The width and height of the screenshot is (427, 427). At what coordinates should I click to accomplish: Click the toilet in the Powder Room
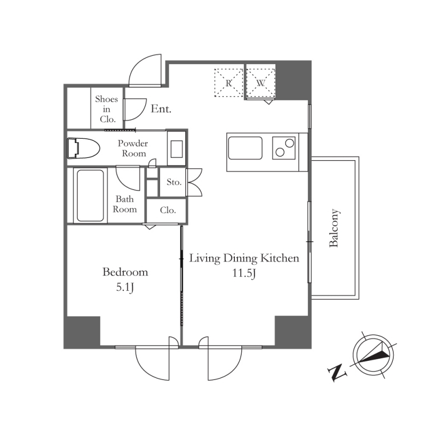pyautogui.click(x=83, y=148)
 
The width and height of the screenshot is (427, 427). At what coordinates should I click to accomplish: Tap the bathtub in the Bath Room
pyautogui.click(x=90, y=195)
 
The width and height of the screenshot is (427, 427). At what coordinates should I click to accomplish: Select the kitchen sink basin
pyautogui.click(x=245, y=148)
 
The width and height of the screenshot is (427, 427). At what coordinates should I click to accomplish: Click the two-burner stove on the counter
pyautogui.click(x=284, y=148)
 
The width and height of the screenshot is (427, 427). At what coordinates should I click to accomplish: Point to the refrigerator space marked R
pyautogui.click(x=228, y=83)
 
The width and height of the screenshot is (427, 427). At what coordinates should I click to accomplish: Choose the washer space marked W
pyautogui.click(x=260, y=83)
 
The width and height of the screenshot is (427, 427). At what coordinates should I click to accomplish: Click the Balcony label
pyautogui.click(x=334, y=228)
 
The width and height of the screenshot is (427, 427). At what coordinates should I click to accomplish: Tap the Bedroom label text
pyautogui.click(x=125, y=272)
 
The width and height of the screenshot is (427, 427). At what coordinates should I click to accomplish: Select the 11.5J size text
pyautogui.click(x=244, y=273)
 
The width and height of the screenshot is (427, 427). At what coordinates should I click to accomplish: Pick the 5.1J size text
pyautogui.click(x=125, y=287)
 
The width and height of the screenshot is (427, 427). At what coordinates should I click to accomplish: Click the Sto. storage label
pyautogui.click(x=174, y=182)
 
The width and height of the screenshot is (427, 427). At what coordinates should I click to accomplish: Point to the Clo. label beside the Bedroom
pyautogui.click(x=168, y=210)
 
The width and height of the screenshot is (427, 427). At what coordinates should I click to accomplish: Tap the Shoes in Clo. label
pyautogui.click(x=107, y=109)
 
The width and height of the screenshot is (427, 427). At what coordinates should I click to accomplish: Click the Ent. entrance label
pyautogui.click(x=161, y=109)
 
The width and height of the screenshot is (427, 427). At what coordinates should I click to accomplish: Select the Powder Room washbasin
pyautogui.click(x=177, y=148)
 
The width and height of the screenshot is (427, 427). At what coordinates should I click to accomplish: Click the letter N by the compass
pyautogui.click(x=337, y=373)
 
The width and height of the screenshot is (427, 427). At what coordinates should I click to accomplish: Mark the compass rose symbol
pyautogui.click(x=373, y=355)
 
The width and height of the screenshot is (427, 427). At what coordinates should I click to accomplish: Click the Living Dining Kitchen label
pyautogui.click(x=244, y=258)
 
